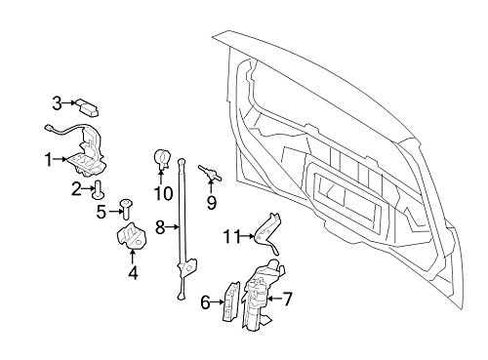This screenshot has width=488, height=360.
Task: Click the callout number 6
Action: (204, 302)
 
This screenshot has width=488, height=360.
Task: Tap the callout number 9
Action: (209, 203)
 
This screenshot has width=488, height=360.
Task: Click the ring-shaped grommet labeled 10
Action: (162, 157)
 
